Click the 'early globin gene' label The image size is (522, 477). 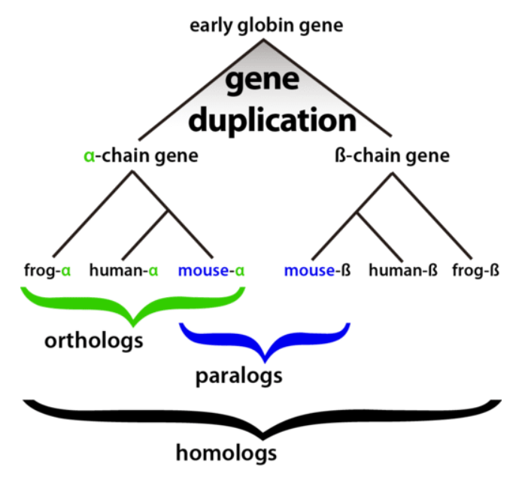[x=266, y=26]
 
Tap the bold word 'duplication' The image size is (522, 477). [x=272, y=120]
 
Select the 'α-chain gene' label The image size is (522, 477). [x=141, y=156]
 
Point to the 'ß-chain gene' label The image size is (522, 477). [x=392, y=156]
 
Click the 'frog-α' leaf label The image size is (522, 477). [x=47, y=270]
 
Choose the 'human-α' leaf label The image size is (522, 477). [x=123, y=270]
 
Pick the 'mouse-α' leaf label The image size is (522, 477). [x=211, y=270]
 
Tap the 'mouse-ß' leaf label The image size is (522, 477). [x=317, y=270]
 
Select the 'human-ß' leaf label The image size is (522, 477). [x=403, y=270]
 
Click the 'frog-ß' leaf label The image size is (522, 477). [x=475, y=270]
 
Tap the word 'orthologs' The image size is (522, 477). [x=94, y=341]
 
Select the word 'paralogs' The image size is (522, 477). [x=238, y=376]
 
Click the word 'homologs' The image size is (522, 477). [x=226, y=453]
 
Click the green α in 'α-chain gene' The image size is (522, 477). [x=90, y=156]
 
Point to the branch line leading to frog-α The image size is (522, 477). [x=93, y=214]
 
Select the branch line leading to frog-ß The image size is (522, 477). [x=432, y=216]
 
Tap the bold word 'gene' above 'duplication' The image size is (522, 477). [x=263, y=80]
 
